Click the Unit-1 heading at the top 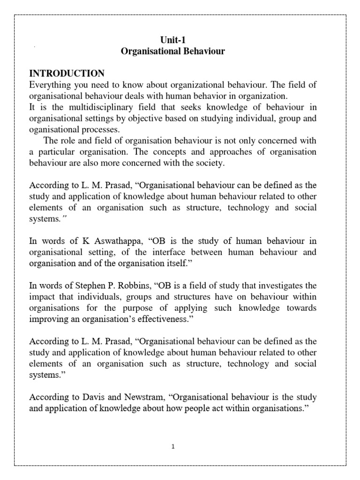coord(173,40)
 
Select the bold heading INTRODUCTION coord(67,73)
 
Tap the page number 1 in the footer coord(173,447)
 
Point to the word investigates coord(275,285)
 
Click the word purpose coord(141,308)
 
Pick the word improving coord(47,319)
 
